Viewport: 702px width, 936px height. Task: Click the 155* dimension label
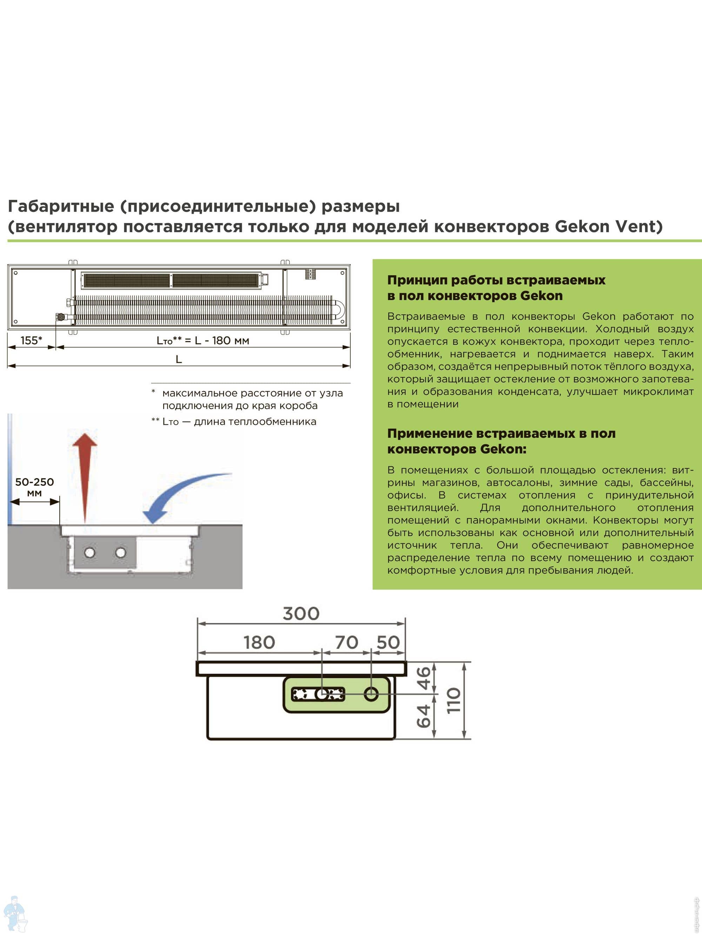(31, 340)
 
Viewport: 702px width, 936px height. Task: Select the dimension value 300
(301, 614)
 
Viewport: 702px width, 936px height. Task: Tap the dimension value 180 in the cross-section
(259, 643)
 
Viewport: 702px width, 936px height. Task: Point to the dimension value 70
(346, 643)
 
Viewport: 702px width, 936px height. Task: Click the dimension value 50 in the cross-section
(388, 643)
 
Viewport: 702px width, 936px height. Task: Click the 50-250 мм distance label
(34, 487)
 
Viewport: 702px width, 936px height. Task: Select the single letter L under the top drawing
(179, 359)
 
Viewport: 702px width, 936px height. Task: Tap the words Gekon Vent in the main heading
(608, 227)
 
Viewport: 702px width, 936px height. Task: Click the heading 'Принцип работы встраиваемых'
(496, 280)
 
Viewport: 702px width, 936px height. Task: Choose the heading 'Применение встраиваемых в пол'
(501, 433)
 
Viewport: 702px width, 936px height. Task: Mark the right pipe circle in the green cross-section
(371, 694)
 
